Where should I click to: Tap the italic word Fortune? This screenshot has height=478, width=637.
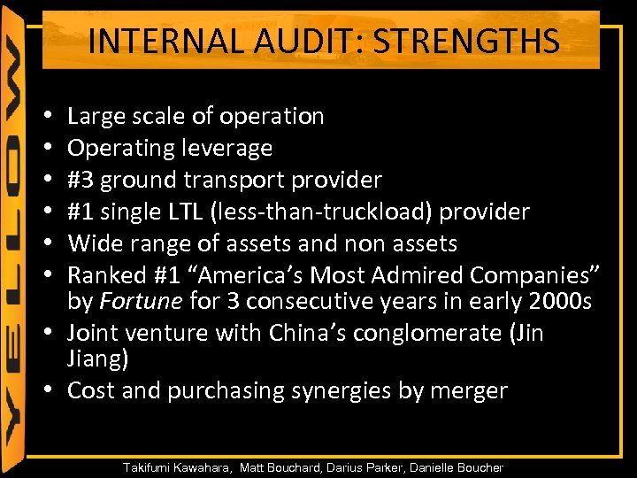142,302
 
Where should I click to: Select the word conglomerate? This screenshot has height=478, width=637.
429,334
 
